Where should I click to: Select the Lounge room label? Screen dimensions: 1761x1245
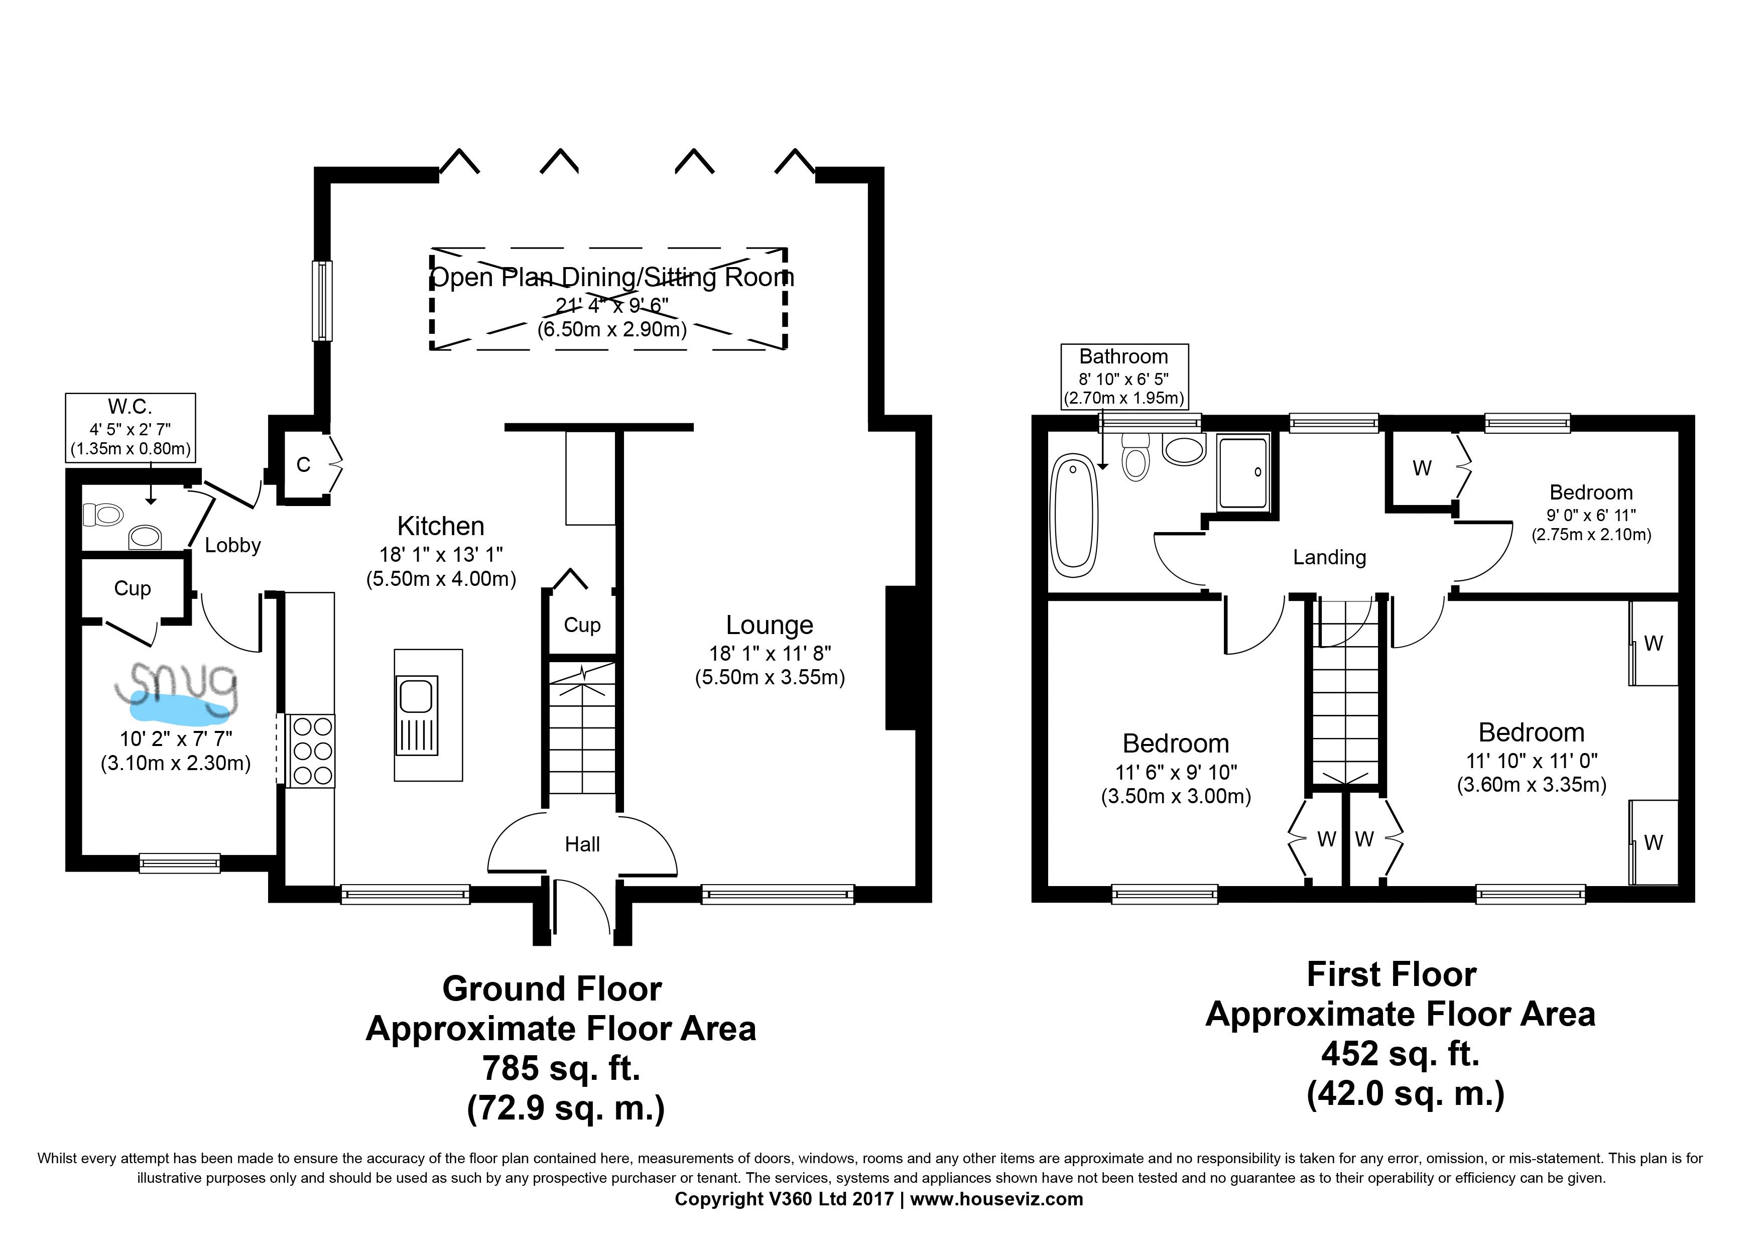tap(769, 625)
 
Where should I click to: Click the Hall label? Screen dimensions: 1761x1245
tap(582, 844)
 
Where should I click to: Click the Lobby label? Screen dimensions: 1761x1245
tap(233, 545)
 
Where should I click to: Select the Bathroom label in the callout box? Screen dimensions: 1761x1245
tap(1123, 357)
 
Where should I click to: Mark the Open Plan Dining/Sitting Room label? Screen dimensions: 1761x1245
tap(612, 277)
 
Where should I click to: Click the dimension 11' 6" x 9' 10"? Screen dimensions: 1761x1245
tap(1176, 773)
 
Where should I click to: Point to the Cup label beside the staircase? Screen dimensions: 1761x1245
tap(582, 625)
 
